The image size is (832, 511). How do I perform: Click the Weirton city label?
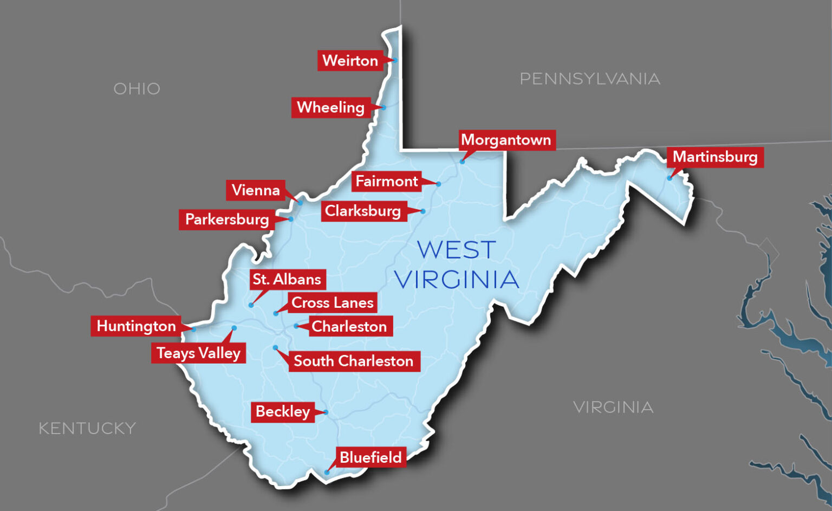(x=350, y=60)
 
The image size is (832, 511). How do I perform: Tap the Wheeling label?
(x=330, y=107)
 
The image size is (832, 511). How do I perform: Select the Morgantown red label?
(x=506, y=140)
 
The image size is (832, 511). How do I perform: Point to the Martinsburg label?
(x=715, y=157)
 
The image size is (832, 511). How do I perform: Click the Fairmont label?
(x=387, y=181)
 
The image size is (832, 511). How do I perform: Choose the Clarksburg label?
(x=363, y=211)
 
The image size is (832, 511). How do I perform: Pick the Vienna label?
(x=256, y=190)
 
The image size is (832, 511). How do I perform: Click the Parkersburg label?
(x=227, y=219)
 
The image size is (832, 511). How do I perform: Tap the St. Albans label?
(x=287, y=279)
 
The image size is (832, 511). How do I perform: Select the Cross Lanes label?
(x=332, y=302)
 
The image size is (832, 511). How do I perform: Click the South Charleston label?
(x=353, y=361)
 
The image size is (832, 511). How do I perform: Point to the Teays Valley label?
(x=198, y=353)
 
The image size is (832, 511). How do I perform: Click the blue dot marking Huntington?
(x=193, y=329)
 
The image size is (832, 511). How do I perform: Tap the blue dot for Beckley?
(x=326, y=412)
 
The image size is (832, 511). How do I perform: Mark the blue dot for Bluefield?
(x=327, y=473)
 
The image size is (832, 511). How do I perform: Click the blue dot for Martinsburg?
(x=669, y=178)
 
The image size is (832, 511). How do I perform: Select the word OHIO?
(x=137, y=89)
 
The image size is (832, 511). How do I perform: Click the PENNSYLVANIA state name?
(x=590, y=79)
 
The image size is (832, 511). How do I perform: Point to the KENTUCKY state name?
(x=87, y=429)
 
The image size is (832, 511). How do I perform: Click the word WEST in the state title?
(x=456, y=250)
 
